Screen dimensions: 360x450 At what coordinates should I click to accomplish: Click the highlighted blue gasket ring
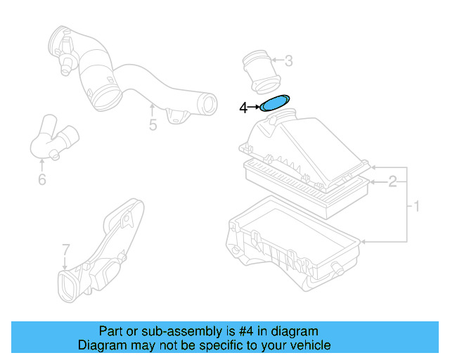(275, 104)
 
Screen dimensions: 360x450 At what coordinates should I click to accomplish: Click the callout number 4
(243, 108)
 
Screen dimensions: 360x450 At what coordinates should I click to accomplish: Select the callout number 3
(288, 61)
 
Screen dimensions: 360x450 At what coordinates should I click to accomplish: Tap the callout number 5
(153, 126)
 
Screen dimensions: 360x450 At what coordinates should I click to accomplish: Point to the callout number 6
(41, 180)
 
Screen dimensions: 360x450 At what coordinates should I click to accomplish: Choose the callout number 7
(65, 250)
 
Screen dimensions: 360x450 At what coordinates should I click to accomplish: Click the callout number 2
(393, 181)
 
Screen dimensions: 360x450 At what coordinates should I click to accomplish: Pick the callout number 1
(416, 206)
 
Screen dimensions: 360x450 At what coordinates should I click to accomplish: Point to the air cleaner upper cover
(302, 148)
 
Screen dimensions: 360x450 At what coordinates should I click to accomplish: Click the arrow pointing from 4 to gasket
(254, 108)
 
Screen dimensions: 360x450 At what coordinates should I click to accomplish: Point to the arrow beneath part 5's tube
(153, 110)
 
